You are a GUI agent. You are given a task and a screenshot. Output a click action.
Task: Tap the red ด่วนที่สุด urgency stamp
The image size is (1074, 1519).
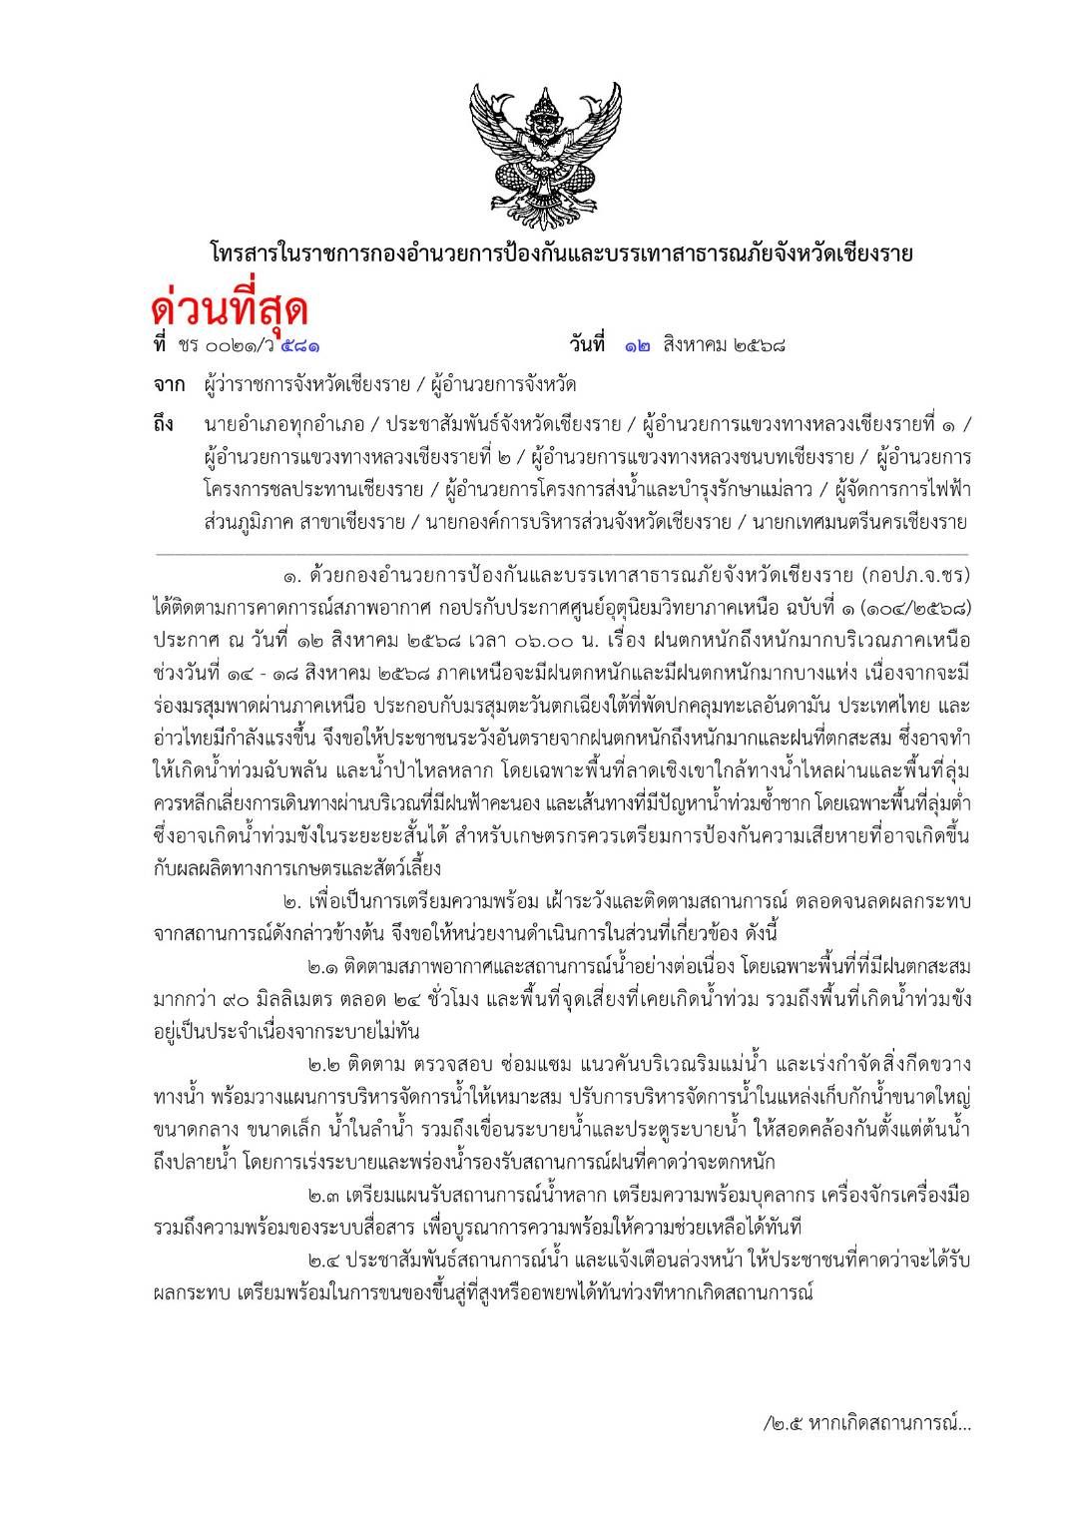pos(229,305)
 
